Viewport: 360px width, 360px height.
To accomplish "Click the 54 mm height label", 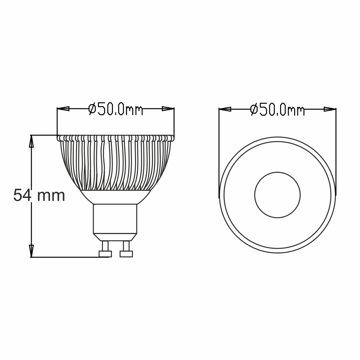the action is coord(39,195).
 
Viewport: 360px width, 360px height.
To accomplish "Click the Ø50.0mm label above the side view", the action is coord(116,109).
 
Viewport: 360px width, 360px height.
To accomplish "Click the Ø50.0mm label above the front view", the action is coord(277,110).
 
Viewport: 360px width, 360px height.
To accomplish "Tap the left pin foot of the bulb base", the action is coord(105,254).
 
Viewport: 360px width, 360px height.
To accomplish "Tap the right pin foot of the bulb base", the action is coord(126,254).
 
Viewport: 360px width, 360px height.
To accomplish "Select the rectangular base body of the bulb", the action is coord(115,219).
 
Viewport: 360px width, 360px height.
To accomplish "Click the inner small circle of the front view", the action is coord(278,195).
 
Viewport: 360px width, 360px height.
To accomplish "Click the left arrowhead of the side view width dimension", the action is coord(63,109).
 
